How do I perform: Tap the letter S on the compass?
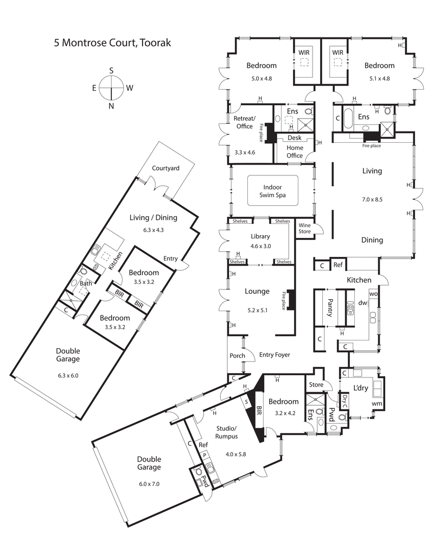[x=111, y=71]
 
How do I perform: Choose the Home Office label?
[x=295, y=151]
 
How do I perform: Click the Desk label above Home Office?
[x=294, y=138]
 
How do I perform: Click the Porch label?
[x=237, y=356]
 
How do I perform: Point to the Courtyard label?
[x=165, y=168]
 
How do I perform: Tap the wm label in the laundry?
[x=376, y=404]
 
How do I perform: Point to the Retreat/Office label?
[x=243, y=123]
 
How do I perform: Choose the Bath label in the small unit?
[x=85, y=283]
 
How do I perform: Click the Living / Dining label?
[x=153, y=218]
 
